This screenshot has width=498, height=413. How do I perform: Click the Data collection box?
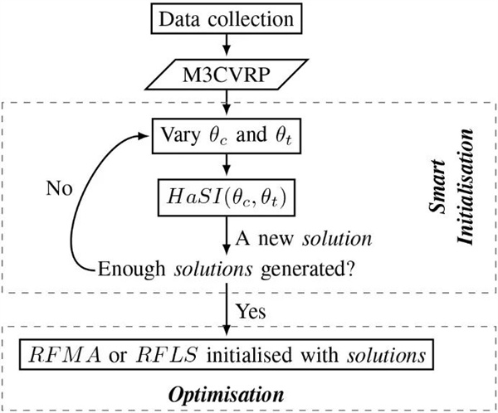(226, 17)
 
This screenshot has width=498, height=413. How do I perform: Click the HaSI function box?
(226, 197)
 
